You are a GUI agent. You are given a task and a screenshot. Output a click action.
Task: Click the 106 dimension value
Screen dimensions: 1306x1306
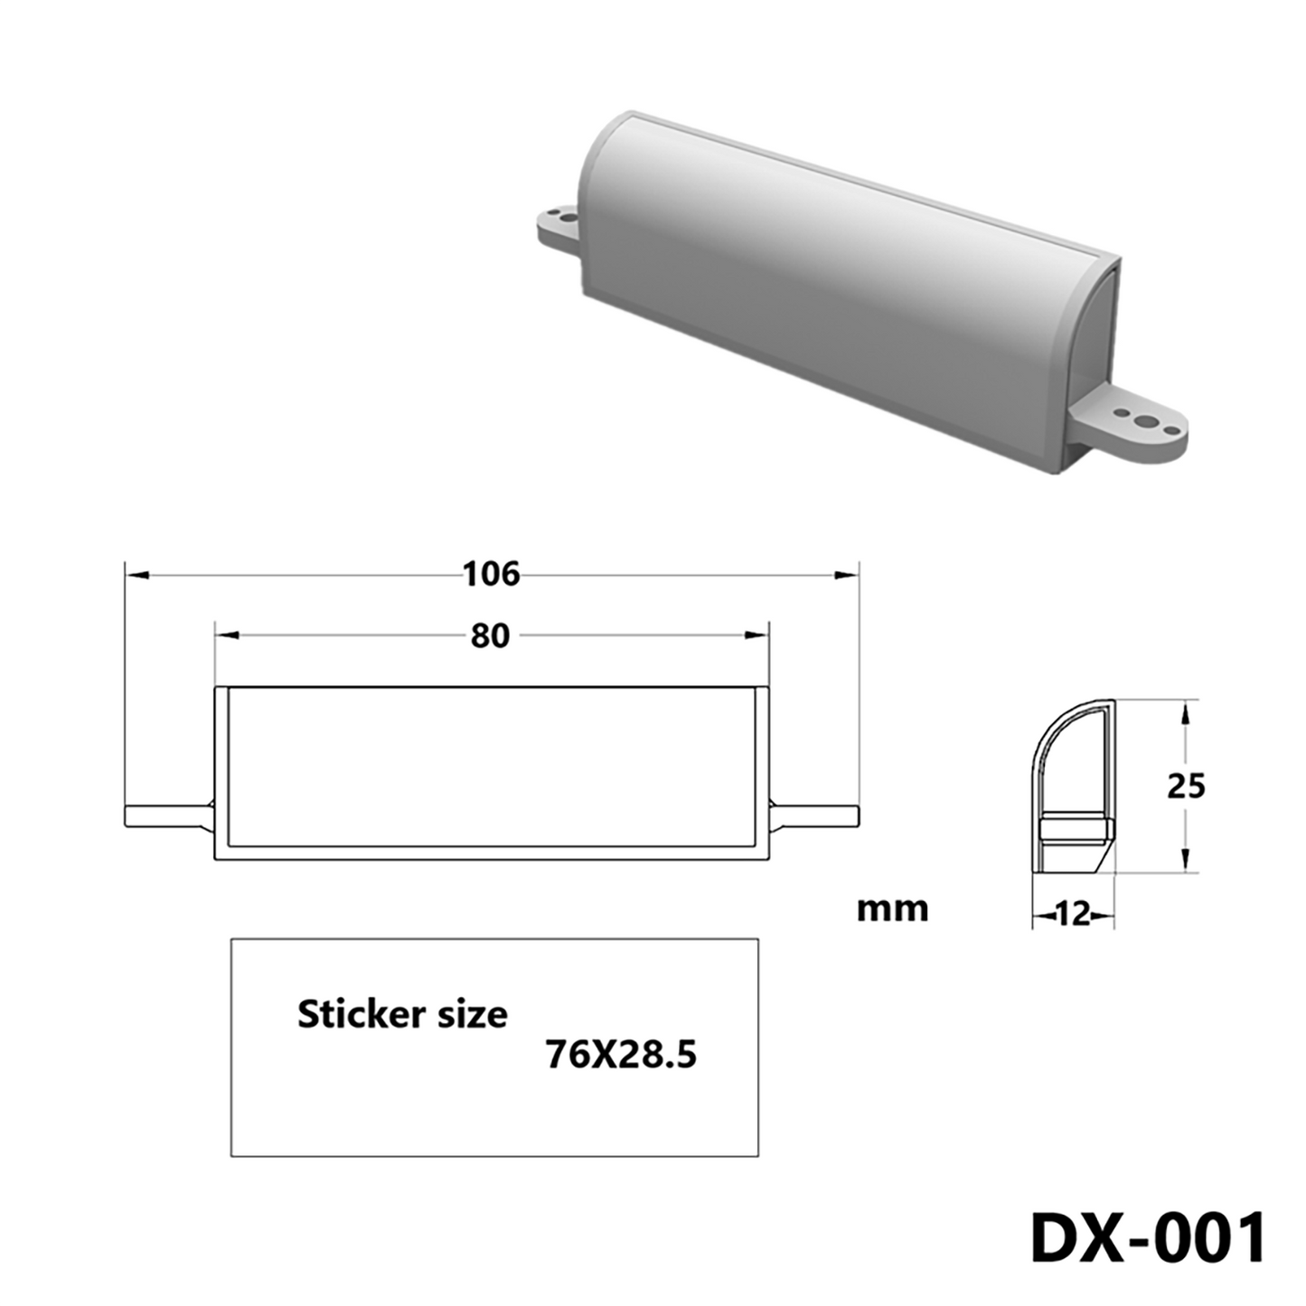[491, 574]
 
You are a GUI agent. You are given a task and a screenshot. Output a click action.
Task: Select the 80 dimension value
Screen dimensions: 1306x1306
[490, 636]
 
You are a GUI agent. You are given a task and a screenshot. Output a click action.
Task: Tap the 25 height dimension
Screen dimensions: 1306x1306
[1185, 786]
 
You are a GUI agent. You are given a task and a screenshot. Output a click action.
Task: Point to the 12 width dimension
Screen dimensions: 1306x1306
[1073, 915]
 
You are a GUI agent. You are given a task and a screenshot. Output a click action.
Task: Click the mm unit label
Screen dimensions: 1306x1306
[892, 909]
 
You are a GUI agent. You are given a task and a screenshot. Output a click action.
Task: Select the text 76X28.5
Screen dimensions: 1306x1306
[621, 1055]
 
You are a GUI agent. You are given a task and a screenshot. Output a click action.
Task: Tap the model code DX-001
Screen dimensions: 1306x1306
[1148, 1238]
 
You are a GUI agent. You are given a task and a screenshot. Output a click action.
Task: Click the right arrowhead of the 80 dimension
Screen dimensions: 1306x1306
[756, 635]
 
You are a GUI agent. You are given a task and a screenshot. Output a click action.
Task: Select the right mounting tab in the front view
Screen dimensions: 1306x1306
[813, 815]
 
